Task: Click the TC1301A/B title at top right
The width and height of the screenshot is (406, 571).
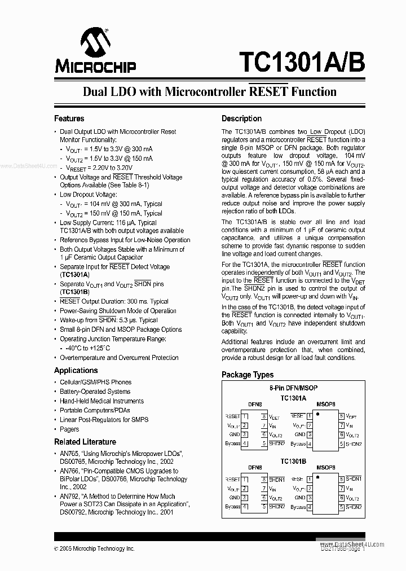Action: tap(302, 62)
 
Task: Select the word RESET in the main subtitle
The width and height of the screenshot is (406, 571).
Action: tap(268, 91)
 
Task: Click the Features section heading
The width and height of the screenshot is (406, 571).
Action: tap(69, 118)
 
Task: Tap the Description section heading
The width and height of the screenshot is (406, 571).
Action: tap(241, 118)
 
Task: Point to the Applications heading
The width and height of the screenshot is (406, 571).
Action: tap(76, 370)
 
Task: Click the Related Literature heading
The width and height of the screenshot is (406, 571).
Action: tap(85, 442)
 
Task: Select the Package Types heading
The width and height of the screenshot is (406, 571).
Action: tap(247, 375)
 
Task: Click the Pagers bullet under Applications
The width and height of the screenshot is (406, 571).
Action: tap(69, 429)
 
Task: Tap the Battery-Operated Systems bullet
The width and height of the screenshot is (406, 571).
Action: tap(95, 392)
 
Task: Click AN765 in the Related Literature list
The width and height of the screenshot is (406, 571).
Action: tap(69, 454)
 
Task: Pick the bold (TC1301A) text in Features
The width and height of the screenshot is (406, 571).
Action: tap(74, 274)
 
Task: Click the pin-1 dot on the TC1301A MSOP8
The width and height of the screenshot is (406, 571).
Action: tap(317, 413)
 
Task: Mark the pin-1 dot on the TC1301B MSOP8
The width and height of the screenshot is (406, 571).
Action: tap(317, 476)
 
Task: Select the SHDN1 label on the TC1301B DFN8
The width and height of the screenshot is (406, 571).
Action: tap(276, 479)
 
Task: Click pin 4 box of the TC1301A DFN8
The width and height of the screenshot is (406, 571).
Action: tap(245, 444)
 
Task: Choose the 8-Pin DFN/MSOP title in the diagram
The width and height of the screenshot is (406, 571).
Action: tap(293, 389)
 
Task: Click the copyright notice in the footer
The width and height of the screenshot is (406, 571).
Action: tap(94, 548)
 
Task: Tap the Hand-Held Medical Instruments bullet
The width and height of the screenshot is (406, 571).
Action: tap(101, 401)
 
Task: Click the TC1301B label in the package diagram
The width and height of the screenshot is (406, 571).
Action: tap(293, 461)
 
